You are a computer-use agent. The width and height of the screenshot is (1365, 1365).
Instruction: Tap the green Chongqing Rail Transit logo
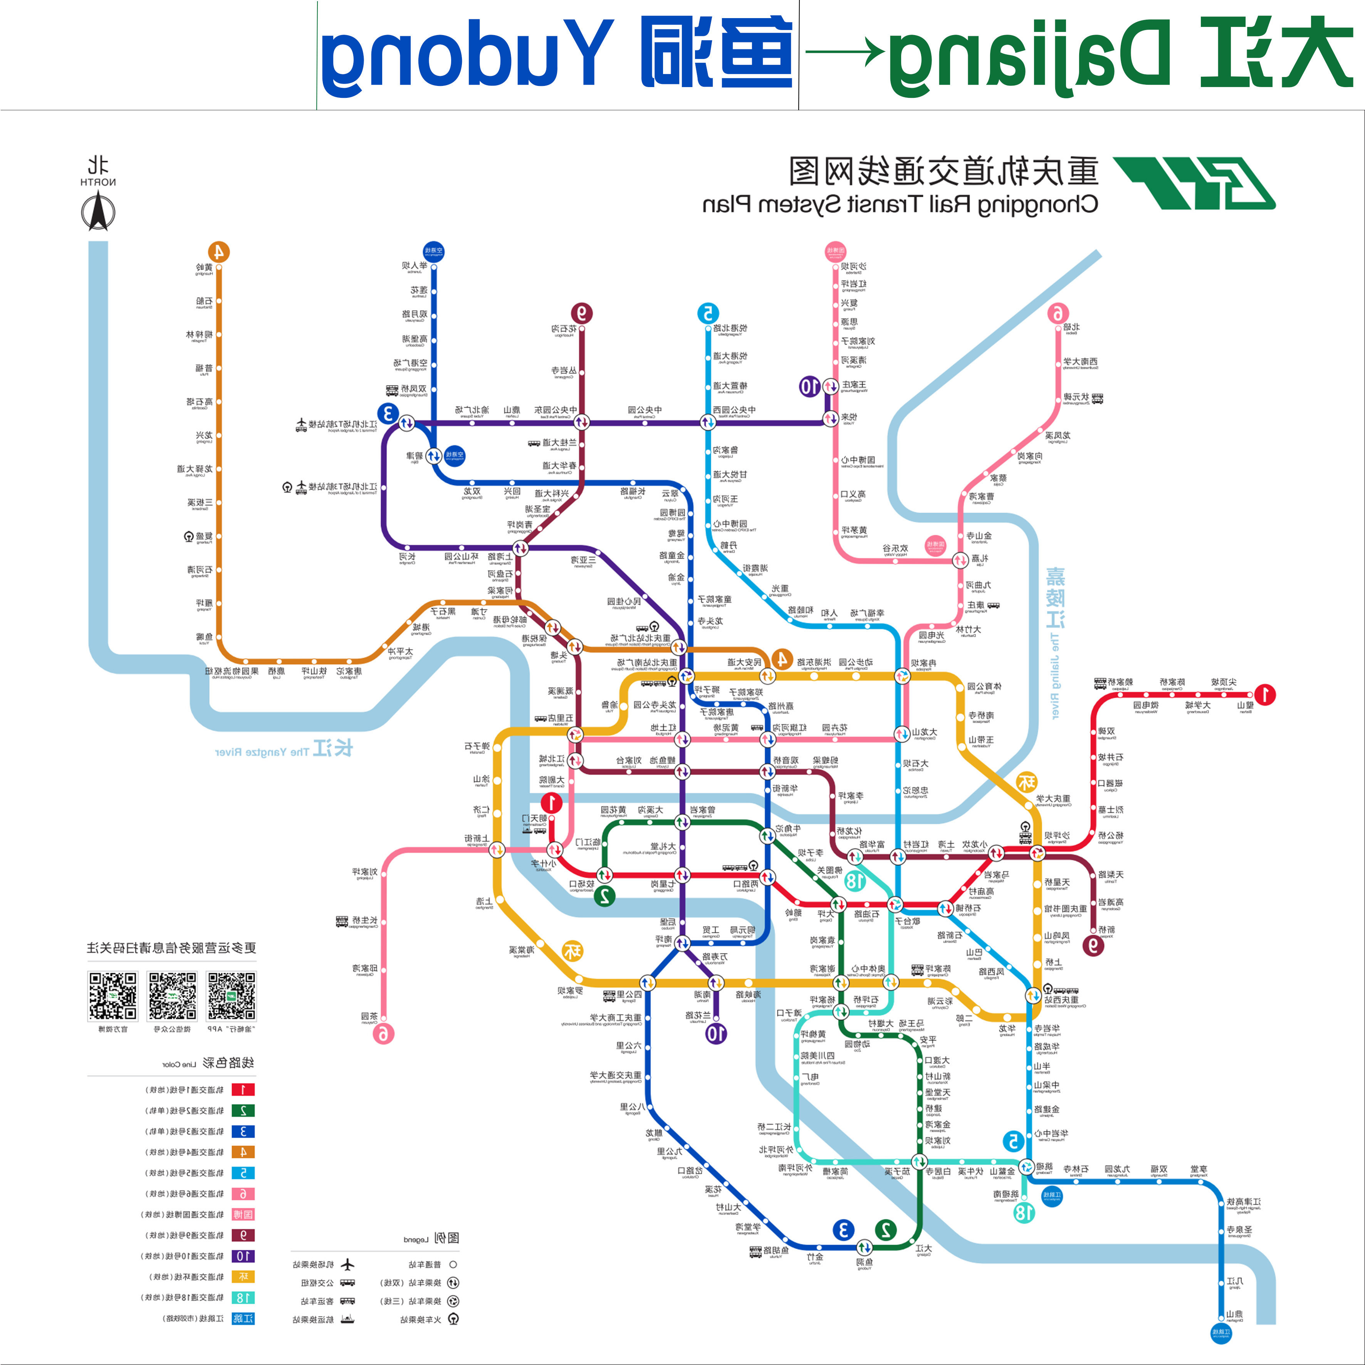(1194, 183)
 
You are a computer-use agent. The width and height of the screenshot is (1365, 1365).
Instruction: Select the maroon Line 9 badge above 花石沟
(581, 313)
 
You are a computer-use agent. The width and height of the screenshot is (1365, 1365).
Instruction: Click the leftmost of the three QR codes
(112, 996)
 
